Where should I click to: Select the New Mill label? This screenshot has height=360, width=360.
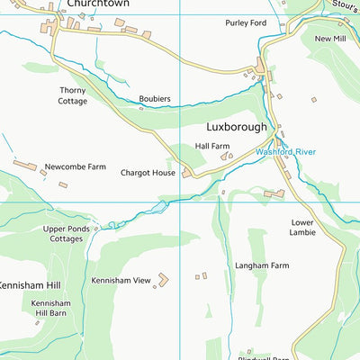pyautogui.click(x=330, y=39)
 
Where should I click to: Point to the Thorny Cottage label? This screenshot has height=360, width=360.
pyautogui.click(x=73, y=95)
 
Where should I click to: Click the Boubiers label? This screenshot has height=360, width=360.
pyautogui.click(x=155, y=99)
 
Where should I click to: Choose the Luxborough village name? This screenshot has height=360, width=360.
pyautogui.click(x=237, y=127)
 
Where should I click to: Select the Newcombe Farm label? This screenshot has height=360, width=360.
pyautogui.click(x=76, y=166)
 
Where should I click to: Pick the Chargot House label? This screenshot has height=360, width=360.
pyautogui.click(x=148, y=172)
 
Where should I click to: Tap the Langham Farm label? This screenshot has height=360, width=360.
pyautogui.click(x=262, y=265)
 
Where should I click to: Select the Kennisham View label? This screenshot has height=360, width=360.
pyautogui.click(x=121, y=281)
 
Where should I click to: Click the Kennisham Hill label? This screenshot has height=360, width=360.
pyautogui.click(x=31, y=285)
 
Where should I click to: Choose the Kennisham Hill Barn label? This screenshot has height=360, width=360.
pyautogui.click(x=50, y=309)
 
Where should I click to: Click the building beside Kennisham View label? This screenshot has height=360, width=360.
pyautogui.click(x=163, y=280)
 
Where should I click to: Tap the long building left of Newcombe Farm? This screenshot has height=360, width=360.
pyautogui.click(x=25, y=166)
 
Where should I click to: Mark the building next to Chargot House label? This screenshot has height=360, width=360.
pyautogui.click(x=186, y=173)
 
